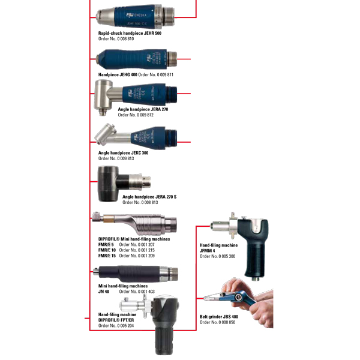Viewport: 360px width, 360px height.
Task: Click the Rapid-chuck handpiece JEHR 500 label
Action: pyautogui.click(x=130, y=33)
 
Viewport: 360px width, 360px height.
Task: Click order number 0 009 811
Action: pyautogui.click(x=155, y=74)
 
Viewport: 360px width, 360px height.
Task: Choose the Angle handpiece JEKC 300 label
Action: pyautogui.click(x=123, y=153)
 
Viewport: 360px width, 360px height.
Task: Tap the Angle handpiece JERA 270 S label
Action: pyautogui.click(x=149, y=197)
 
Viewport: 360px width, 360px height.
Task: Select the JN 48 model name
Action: pyautogui.click(x=104, y=291)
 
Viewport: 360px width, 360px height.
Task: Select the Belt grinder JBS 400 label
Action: pyautogui.click(x=219, y=316)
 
